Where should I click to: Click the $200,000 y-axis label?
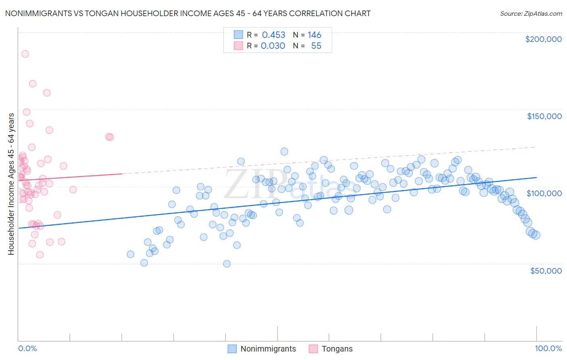pyautogui.click(x=543, y=39)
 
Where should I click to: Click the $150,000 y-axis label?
pyautogui.click(x=544, y=116)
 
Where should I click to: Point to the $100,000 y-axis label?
pyautogui.click(x=544, y=193)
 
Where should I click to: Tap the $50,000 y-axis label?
pyautogui.click(x=546, y=270)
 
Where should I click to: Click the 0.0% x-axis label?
pyautogui.click(x=27, y=348)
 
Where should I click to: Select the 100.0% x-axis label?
pyautogui.click(x=548, y=348)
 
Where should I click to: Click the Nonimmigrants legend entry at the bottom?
pyautogui.click(x=268, y=349)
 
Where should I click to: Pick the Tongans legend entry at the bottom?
pyautogui.click(x=337, y=349)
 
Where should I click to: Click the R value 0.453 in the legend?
pyautogui.click(x=273, y=35)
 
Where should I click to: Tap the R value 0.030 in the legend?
pyautogui.click(x=273, y=46)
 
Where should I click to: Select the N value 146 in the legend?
pyautogui.click(x=314, y=35)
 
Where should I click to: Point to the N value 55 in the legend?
pyautogui.click(x=316, y=46)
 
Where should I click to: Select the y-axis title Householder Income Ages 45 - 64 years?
pyautogui.click(x=11, y=184)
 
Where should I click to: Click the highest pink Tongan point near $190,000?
pyautogui.click(x=25, y=54)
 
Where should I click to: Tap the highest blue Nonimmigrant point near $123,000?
pyautogui.click(x=284, y=151)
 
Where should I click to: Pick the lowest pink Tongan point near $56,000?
pyautogui.click(x=40, y=255)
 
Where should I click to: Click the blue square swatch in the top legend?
pyautogui.click(x=238, y=35)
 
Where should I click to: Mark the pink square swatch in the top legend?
pyautogui.click(x=238, y=46)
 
